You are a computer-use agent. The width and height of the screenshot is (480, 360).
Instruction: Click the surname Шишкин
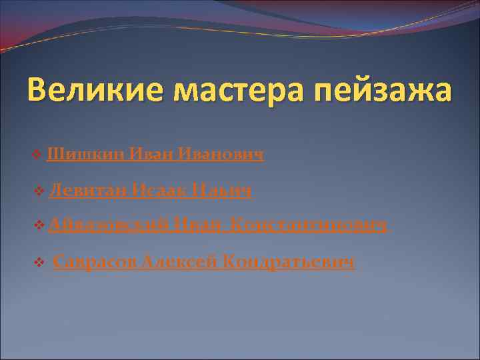point(85,155)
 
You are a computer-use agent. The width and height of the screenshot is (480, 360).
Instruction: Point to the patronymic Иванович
point(223,155)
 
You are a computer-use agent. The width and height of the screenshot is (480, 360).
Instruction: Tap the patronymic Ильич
point(222,191)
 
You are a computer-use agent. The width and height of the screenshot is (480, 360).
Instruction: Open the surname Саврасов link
point(92,262)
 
